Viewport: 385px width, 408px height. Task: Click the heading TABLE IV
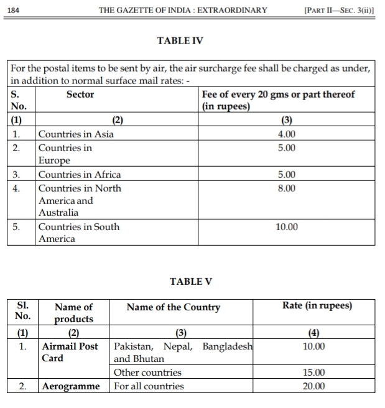[x=180, y=41]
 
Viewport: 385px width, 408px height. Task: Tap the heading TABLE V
[x=191, y=282]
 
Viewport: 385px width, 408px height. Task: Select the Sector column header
[x=80, y=95]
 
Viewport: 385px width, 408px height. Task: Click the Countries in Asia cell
[x=76, y=134]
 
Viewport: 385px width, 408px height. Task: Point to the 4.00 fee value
[x=287, y=134]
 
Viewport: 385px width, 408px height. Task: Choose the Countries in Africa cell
[x=80, y=175]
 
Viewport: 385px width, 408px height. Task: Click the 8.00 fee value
[x=287, y=188]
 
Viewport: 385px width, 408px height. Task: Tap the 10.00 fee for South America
[x=287, y=227]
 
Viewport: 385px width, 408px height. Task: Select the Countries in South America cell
[x=79, y=233]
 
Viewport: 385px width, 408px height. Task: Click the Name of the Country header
[x=173, y=307]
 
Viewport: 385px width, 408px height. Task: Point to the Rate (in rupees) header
[x=317, y=306]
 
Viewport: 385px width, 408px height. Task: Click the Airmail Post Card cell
[x=70, y=352]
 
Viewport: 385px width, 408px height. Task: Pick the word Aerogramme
[x=71, y=386]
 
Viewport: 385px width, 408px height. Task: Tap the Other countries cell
[x=147, y=373]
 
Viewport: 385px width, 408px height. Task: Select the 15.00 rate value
[x=313, y=373]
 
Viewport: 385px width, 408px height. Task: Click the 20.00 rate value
[x=313, y=386]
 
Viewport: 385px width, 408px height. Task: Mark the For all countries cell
[x=149, y=386]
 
